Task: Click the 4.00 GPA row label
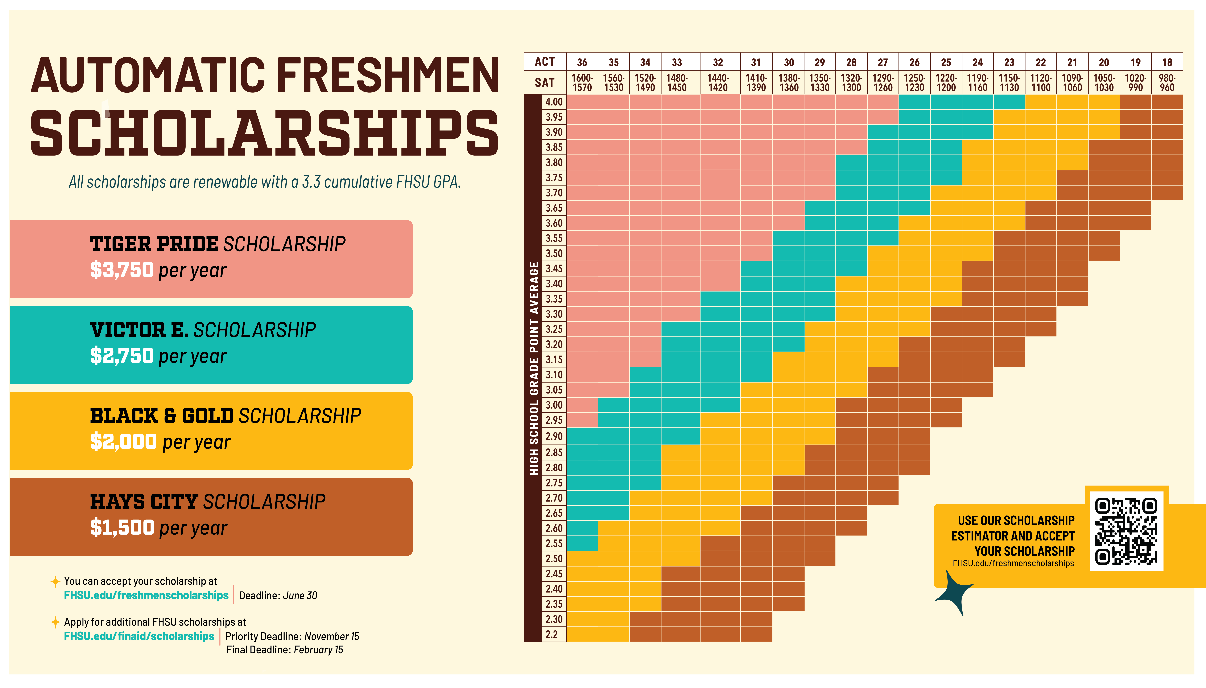pos(554,102)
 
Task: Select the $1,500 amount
pos(122,527)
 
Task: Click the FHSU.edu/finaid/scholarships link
pos(139,636)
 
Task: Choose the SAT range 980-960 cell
pos(1167,83)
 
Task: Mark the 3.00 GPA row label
pos(554,405)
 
